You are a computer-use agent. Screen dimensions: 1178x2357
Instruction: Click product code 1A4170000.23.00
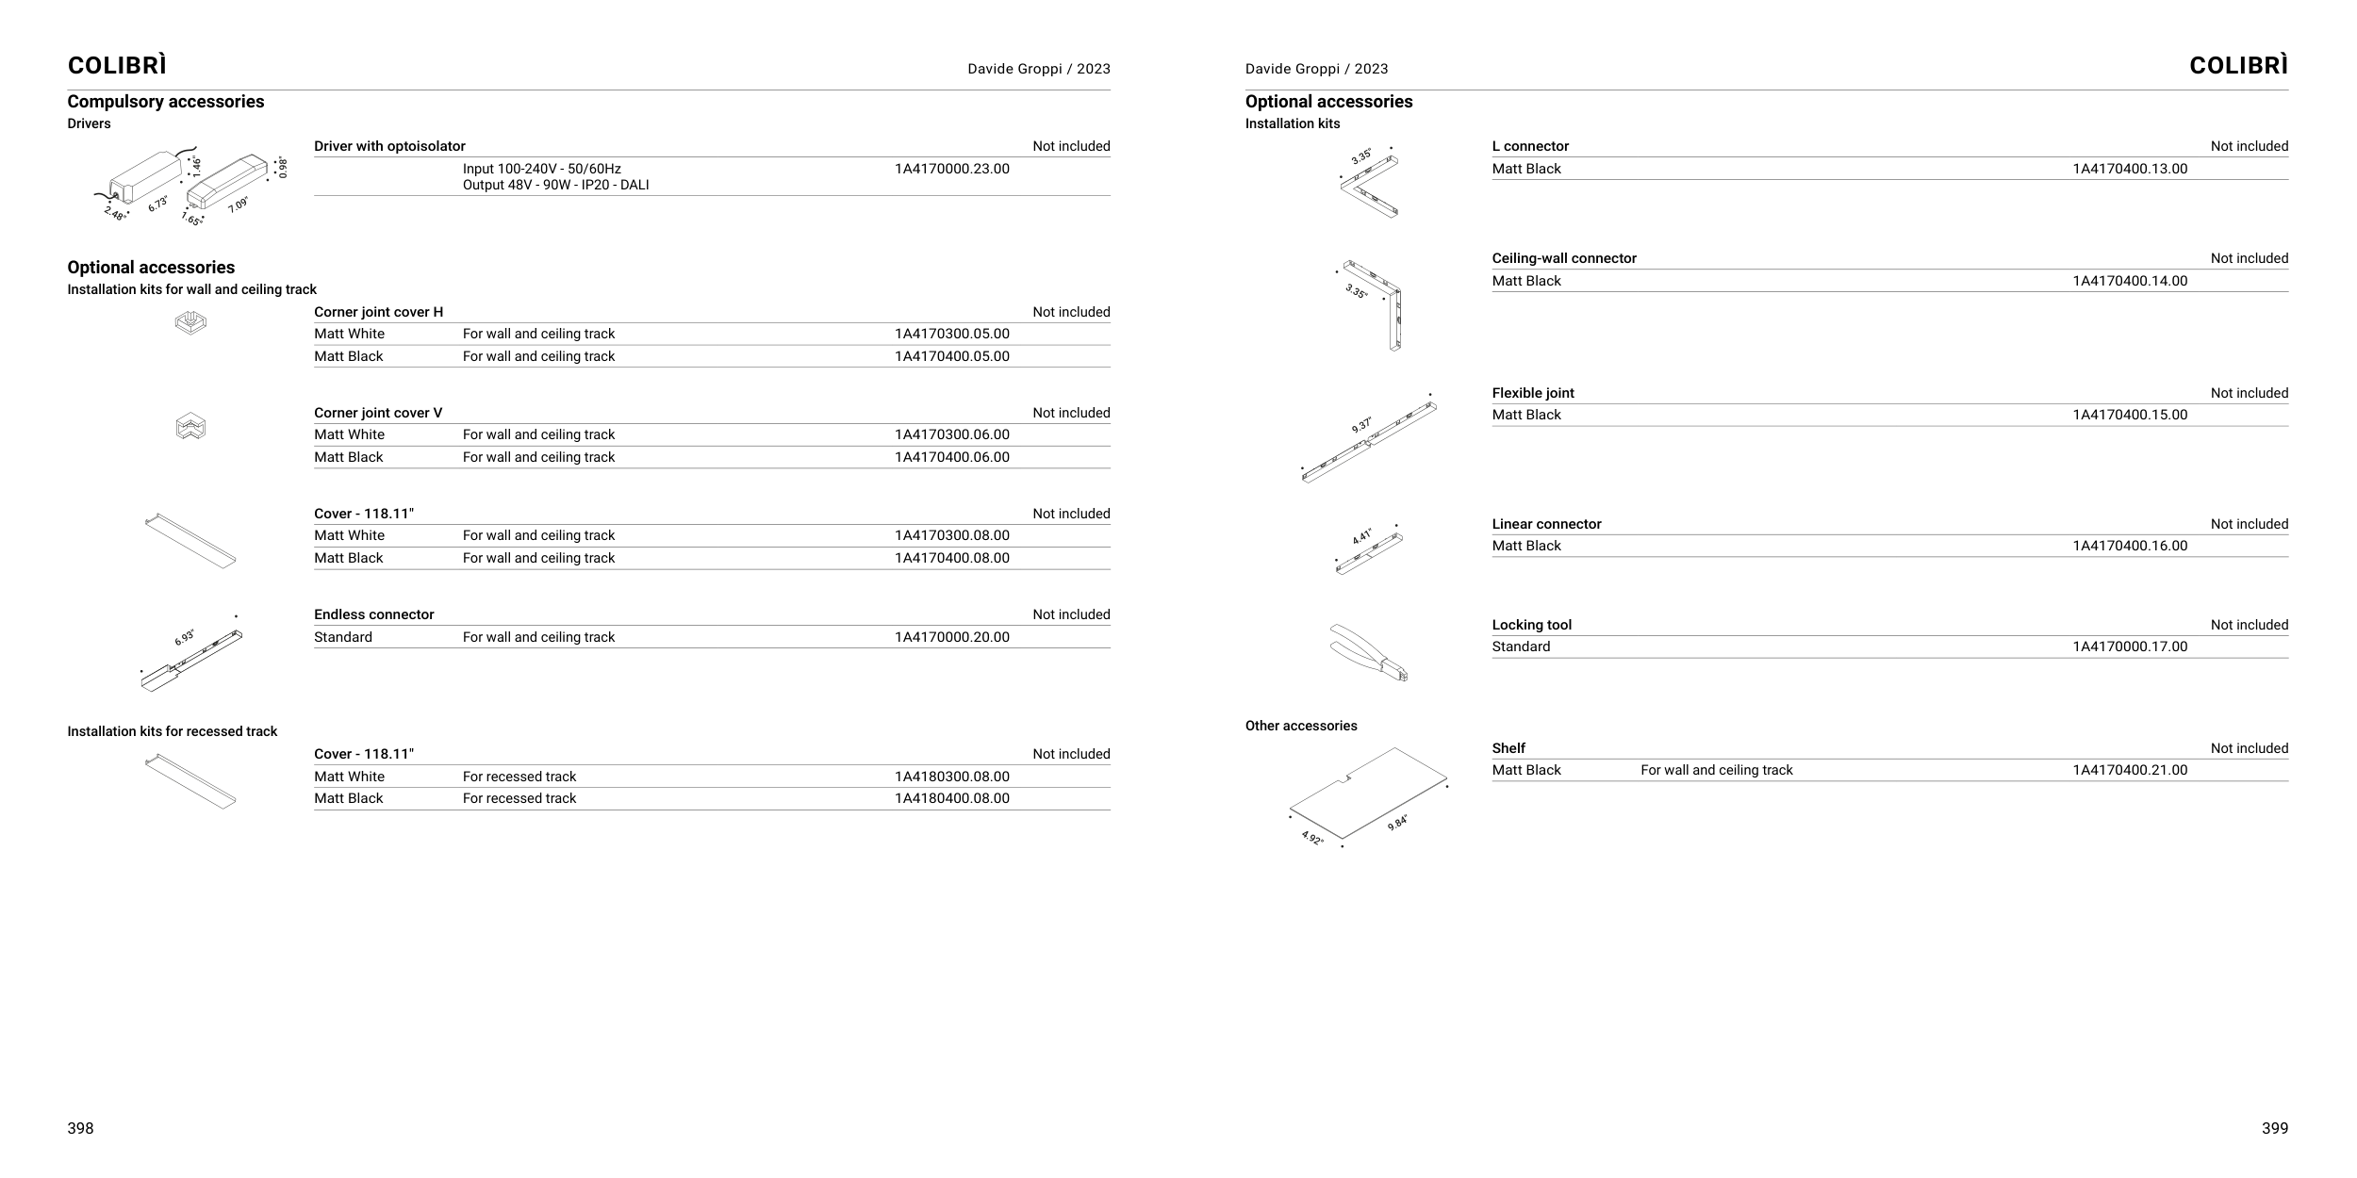[951, 169]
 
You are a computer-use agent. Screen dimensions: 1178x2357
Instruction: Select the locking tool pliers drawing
[1368, 651]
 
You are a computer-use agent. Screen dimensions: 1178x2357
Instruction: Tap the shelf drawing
[1367, 793]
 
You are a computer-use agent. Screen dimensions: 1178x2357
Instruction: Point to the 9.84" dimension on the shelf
[1397, 823]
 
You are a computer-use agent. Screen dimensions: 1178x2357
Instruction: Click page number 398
[80, 1128]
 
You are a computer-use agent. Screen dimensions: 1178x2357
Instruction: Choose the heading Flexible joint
[1532, 393]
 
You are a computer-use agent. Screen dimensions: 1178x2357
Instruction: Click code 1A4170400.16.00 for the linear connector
[2129, 546]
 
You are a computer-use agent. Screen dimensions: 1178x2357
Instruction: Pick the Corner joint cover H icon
[190, 322]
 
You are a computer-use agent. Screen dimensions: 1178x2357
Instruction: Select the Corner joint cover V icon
[190, 428]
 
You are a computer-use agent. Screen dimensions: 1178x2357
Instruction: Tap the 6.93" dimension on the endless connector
[185, 638]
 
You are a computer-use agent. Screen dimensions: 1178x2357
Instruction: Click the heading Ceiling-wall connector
[1563, 258]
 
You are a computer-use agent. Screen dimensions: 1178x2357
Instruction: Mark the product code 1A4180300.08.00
[951, 777]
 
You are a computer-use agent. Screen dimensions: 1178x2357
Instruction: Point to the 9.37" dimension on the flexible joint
[1361, 425]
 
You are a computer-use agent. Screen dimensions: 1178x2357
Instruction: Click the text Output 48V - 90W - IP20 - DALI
[555, 185]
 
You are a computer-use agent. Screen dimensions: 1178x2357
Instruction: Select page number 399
[2274, 1128]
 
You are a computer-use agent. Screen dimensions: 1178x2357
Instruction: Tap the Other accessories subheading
[1300, 726]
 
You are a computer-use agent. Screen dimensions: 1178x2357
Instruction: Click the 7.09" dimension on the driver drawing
[238, 205]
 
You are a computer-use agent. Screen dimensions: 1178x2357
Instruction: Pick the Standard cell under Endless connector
[343, 637]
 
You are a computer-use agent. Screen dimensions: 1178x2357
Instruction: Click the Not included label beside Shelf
[2249, 748]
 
